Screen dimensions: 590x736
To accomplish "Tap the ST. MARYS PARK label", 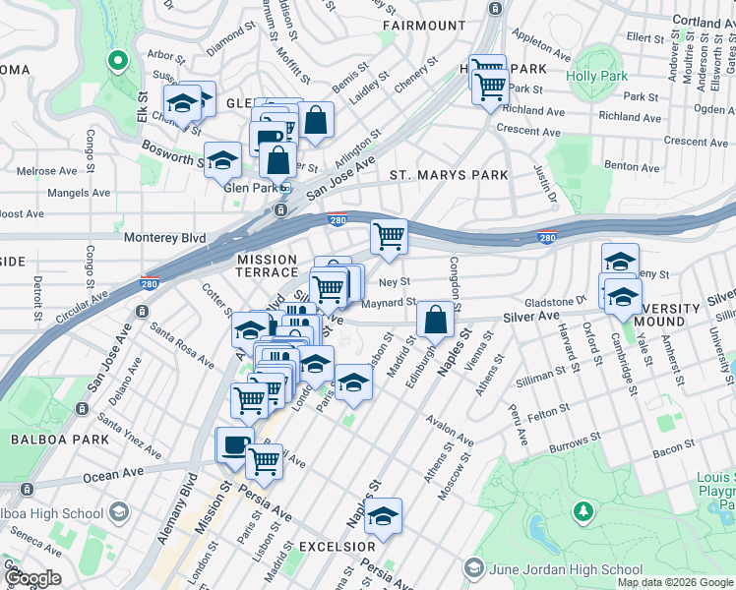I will pos(449,175).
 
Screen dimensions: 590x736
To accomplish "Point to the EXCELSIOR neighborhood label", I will pos(337,546).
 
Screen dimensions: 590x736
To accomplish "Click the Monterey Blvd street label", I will pos(164,237).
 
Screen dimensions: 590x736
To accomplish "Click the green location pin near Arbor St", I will pos(116,62).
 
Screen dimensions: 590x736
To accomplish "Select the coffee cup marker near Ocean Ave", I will pos(235,445).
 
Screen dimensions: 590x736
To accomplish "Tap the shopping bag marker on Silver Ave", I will pos(434,320).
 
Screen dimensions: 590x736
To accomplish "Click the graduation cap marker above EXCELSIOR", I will pos(383,514).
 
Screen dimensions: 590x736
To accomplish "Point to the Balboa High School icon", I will pos(118,512).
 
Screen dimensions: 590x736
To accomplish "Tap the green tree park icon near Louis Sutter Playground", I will pos(583,511).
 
